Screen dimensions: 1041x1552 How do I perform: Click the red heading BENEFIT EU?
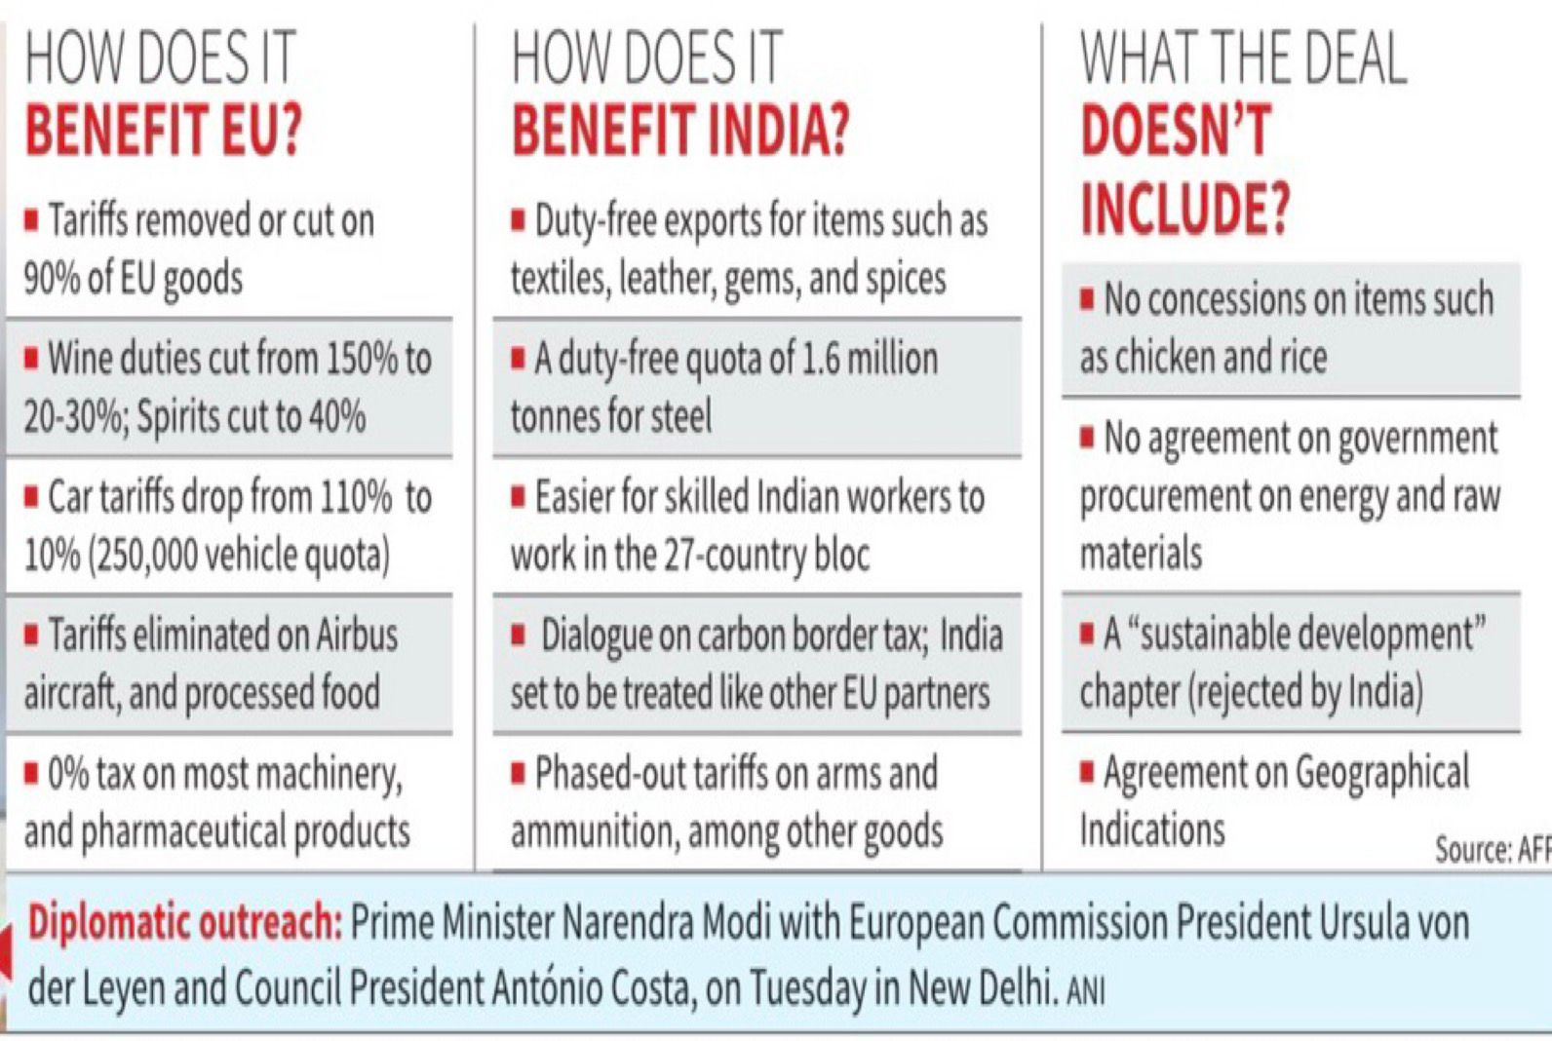click(164, 131)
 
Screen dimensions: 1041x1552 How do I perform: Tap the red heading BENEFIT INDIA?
click(680, 131)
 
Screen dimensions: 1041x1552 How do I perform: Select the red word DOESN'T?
click(1176, 131)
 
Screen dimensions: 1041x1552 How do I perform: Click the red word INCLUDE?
click(1185, 208)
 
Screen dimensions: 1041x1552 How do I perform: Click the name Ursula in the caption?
click(1369, 922)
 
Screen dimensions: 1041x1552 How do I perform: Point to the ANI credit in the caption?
click(1085, 992)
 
